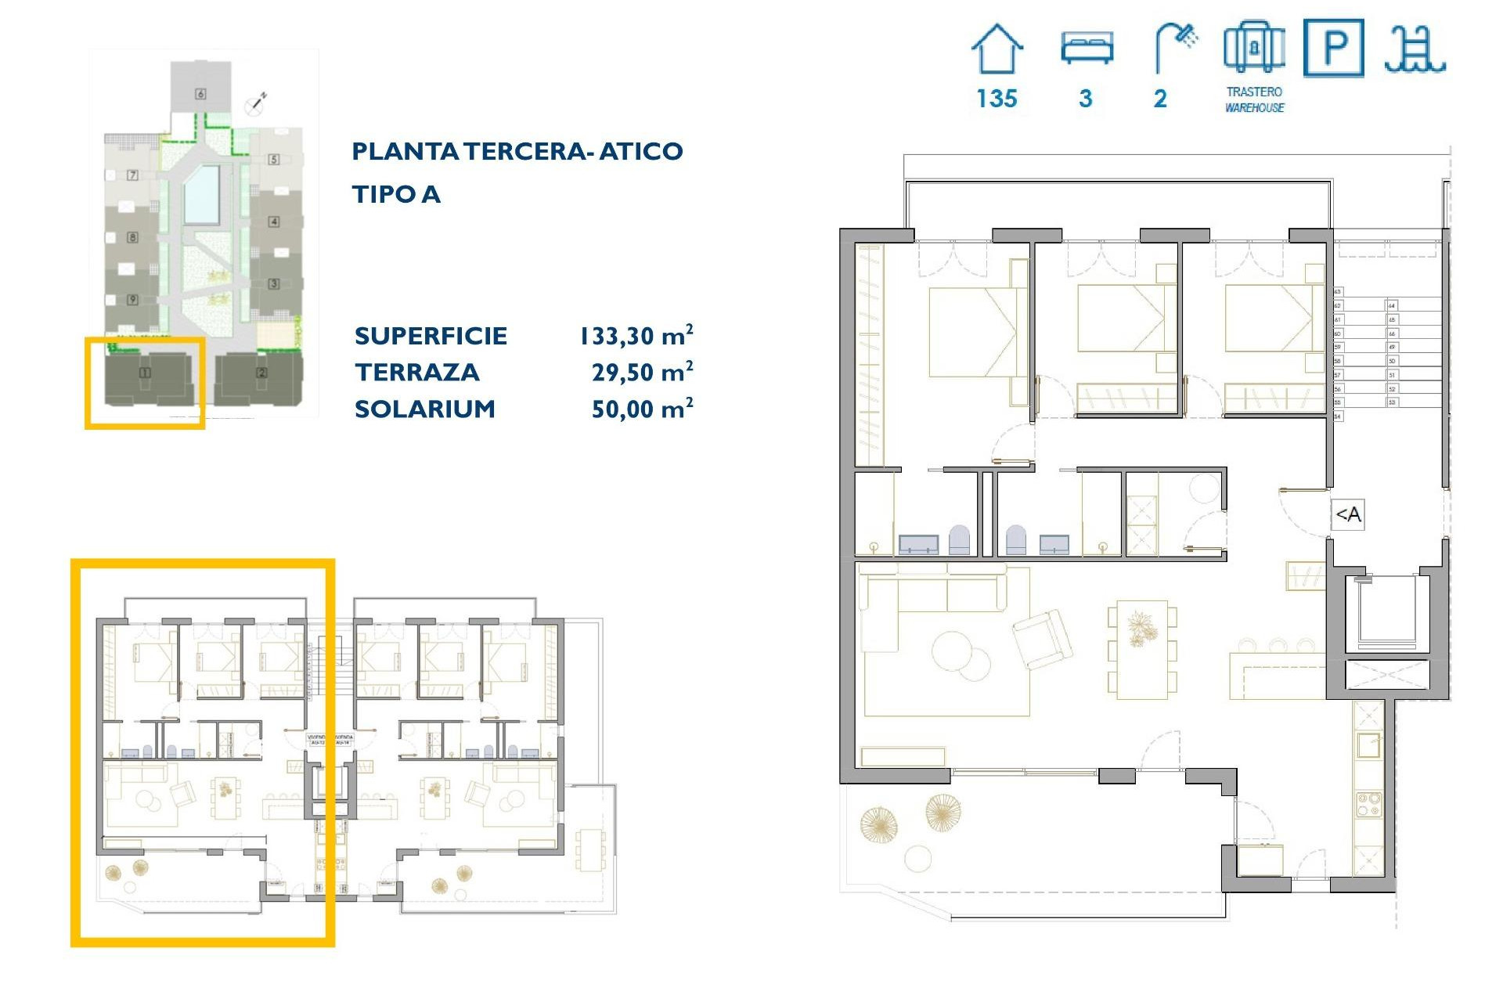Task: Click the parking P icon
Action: pos(1334,49)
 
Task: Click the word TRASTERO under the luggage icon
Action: pos(1254,92)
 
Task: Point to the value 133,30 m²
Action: pos(636,336)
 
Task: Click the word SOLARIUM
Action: pos(424,409)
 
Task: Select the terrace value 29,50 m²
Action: pos(642,372)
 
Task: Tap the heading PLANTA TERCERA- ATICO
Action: pos(517,151)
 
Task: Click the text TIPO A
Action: pos(396,194)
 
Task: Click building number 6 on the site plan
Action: pos(200,94)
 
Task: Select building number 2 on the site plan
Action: pos(261,373)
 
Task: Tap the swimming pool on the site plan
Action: pos(201,195)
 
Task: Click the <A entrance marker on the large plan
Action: pos(1348,514)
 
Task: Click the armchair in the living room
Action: pos(1042,639)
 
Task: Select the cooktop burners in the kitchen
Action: pos(1368,804)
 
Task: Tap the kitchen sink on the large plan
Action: pos(1368,745)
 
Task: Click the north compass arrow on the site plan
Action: pos(256,103)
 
